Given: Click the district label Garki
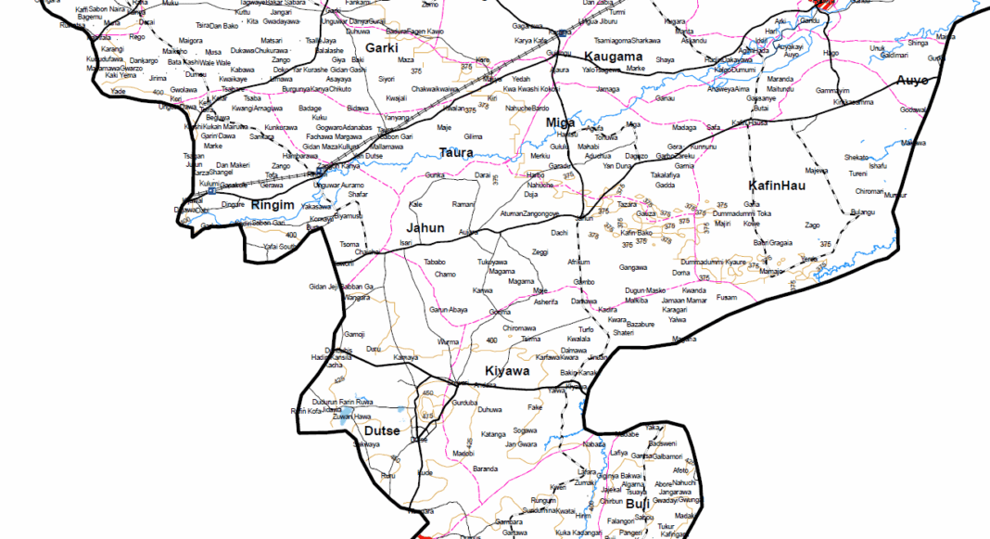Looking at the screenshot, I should click(x=381, y=47).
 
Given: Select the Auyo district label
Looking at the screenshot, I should click(x=912, y=81).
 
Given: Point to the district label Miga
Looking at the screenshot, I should click(x=560, y=122).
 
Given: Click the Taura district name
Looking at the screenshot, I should click(x=456, y=152).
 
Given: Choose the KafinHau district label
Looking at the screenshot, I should click(x=777, y=186).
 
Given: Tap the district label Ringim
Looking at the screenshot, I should click(x=273, y=205).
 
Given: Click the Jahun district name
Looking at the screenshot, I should click(x=425, y=227).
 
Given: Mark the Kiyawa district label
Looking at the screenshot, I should click(x=507, y=371).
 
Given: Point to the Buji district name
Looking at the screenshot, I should click(x=638, y=504).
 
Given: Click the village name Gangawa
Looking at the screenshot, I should click(x=633, y=267).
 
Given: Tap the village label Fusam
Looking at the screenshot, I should click(x=727, y=297).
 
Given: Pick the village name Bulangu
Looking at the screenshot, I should click(x=862, y=212).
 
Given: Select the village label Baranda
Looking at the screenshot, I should click(x=485, y=469).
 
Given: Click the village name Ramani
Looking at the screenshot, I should click(x=463, y=203).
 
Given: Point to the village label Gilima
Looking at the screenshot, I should click(x=473, y=136).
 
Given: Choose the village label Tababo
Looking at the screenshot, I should click(x=435, y=262).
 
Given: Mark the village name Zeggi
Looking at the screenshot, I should click(x=541, y=252).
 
